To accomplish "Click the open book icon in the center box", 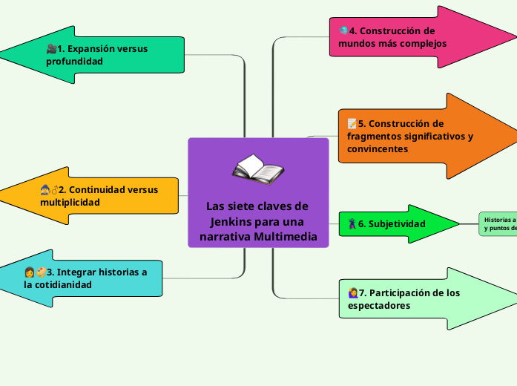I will [257, 169].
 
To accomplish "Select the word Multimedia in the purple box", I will [284, 237].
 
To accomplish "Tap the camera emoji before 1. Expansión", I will [51, 49].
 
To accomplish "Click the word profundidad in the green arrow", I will [74, 62].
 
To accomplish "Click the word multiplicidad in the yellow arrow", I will [70, 202].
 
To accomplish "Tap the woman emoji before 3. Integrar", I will [29, 272].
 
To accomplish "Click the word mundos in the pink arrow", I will [355, 44].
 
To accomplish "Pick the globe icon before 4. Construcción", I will [343, 31].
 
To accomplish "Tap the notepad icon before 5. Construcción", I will [352, 124].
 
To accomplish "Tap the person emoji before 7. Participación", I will [352, 292].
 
